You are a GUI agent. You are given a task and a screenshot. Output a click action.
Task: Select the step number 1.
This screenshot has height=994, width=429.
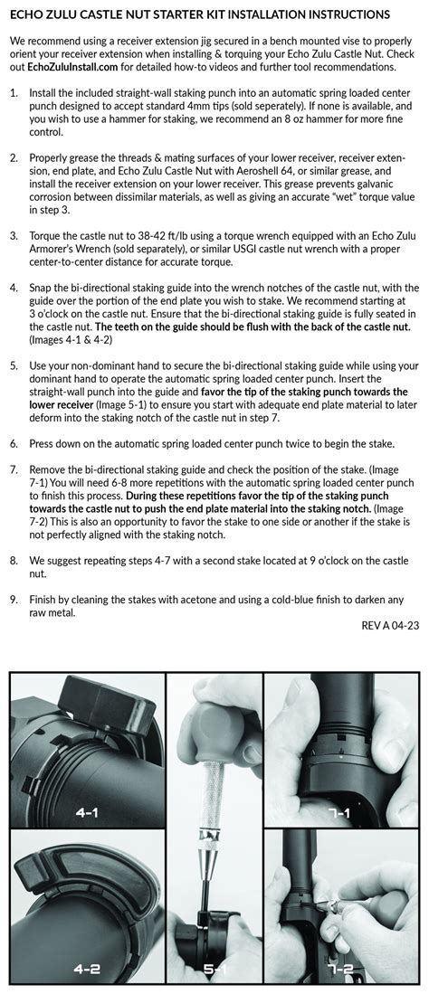(14, 93)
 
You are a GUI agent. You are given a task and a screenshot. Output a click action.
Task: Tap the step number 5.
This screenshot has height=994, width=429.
(14, 365)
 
